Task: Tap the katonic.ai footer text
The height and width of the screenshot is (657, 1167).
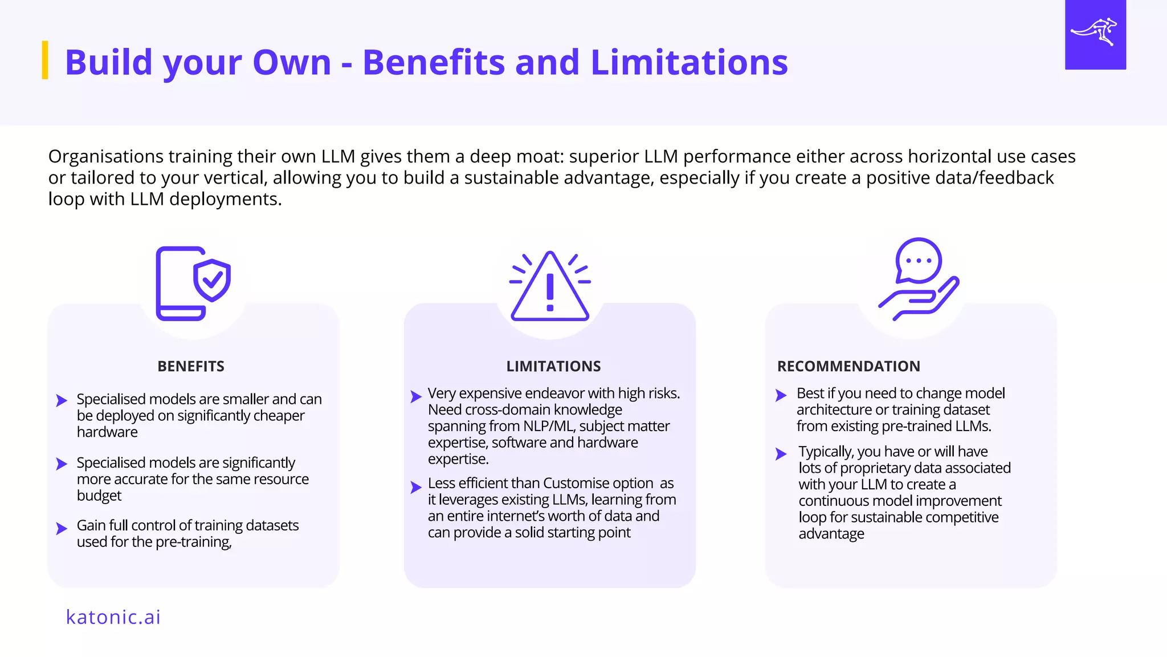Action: pos(113,617)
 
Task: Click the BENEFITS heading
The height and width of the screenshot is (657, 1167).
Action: pos(191,366)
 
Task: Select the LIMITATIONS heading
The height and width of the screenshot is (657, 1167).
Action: pos(553,366)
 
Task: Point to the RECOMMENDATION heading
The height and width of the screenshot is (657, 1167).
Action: pos(848,366)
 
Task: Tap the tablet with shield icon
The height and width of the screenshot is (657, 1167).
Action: pos(193,283)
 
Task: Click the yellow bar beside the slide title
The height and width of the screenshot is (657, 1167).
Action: pos(45,60)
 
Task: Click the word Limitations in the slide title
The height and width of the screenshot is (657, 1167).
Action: pos(689,62)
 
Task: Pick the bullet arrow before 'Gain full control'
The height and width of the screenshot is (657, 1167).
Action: pos(62,529)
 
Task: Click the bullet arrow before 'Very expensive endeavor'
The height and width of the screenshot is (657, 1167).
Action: pos(416,396)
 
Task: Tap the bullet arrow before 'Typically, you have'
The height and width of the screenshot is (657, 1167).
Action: pos(781,454)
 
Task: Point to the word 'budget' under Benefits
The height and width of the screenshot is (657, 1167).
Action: pos(99,496)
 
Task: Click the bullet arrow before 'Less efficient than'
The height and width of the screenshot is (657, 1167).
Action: pos(416,487)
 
